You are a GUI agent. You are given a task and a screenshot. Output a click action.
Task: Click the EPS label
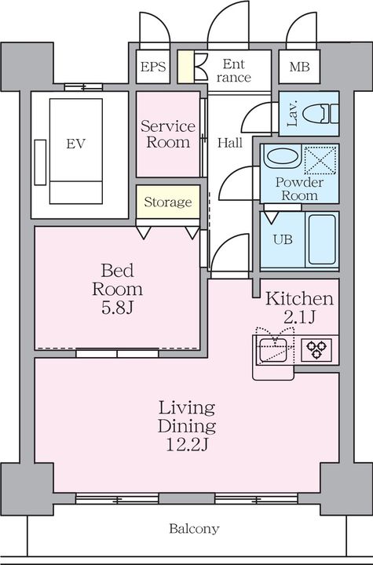click(153, 67)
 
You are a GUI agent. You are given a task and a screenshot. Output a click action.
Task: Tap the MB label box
click(299, 67)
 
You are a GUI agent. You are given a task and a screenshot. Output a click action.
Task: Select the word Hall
click(230, 143)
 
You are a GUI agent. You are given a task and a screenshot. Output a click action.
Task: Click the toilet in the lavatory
click(320, 114)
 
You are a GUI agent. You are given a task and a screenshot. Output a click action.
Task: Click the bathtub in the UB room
click(322, 239)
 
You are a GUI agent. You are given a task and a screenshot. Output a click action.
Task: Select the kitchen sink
click(273, 350)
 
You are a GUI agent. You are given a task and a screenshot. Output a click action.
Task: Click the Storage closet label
click(168, 202)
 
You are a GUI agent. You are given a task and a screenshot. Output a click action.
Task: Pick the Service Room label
click(168, 134)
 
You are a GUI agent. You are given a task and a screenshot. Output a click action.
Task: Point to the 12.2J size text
click(187, 444)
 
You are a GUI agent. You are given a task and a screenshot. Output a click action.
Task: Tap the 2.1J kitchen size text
click(299, 317)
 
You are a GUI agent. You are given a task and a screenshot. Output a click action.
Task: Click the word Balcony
click(194, 529)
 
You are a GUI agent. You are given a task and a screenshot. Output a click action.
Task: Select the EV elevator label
click(75, 144)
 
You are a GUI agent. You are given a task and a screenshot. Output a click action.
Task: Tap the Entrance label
click(234, 71)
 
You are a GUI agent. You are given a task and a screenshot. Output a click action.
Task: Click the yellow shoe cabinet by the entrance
click(186, 67)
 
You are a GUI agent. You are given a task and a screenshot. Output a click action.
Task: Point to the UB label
click(283, 239)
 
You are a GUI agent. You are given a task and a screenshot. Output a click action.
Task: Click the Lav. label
click(293, 114)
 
